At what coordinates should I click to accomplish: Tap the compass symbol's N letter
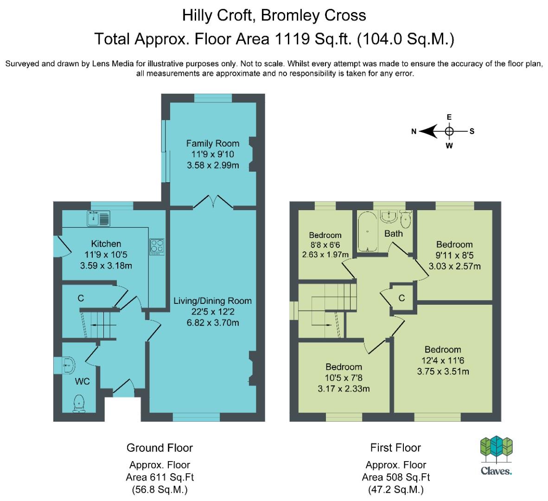414,132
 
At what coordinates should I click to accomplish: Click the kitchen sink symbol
98,218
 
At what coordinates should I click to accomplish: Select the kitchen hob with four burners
156,246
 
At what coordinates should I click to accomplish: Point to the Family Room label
213,143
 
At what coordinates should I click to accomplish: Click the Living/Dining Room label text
212,301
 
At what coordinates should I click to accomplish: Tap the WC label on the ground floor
83,382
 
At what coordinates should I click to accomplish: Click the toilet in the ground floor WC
79,403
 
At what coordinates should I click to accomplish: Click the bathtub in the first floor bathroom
367,232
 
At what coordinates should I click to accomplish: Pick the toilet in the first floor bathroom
405,220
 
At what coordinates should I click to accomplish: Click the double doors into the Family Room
213,202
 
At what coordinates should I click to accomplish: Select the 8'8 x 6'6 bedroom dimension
325,244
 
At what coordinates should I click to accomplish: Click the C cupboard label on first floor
401,298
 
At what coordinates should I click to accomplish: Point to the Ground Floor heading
159,448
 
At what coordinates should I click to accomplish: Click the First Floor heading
395,448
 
